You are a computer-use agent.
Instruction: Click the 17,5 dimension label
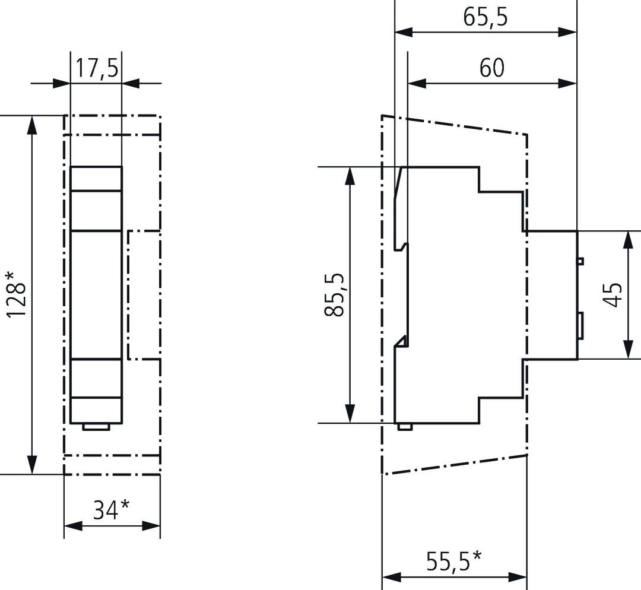point(96,69)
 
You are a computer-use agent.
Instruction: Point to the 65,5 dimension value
point(485,18)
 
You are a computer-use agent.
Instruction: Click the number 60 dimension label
point(491,68)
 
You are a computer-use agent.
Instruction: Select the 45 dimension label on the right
point(614,294)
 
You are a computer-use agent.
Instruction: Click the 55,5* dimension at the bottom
point(455,560)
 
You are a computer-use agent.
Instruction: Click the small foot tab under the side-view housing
point(405,426)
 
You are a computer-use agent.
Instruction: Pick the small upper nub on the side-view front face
point(580,261)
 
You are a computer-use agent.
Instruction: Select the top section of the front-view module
point(96,178)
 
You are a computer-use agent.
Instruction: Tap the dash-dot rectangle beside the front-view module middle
point(144,294)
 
